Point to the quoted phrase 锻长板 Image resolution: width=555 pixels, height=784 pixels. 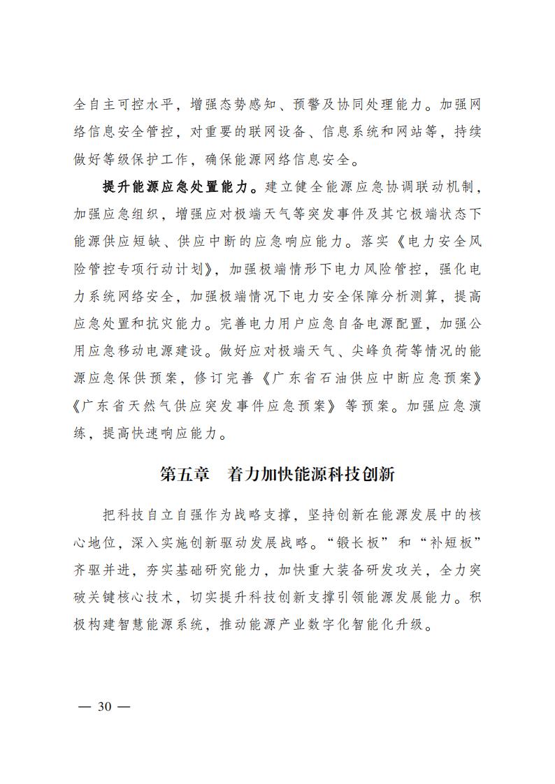coord(354,542)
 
